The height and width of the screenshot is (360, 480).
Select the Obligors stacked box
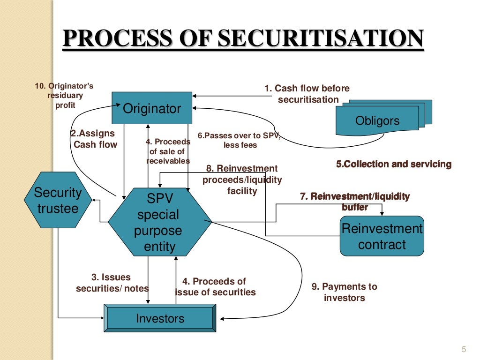pyautogui.click(x=377, y=120)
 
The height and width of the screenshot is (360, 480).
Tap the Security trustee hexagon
pyautogui.click(x=58, y=200)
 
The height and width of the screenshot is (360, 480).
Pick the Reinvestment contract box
pyautogui.click(x=382, y=236)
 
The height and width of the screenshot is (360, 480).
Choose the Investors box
pyautogui.click(x=160, y=319)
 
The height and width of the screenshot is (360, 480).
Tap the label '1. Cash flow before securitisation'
pyautogui.click(x=307, y=94)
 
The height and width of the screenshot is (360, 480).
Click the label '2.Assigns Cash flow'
pyautogui.click(x=94, y=139)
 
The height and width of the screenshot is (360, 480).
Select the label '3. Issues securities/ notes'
pyautogui.click(x=112, y=283)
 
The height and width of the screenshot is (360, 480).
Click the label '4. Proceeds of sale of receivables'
pyautogui.click(x=168, y=151)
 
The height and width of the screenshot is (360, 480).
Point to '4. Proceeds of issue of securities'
pyautogui.click(x=216, y=287)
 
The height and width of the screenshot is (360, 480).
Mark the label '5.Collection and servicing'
pyautogui.click(x=394, y=164)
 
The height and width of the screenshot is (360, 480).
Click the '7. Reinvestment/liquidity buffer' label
pyautogui.click(x=355, y=202)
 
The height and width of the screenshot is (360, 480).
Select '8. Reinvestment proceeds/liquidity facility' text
pyautogui.click(x=242, y=180)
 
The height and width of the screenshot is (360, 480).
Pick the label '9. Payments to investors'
pyautogui.click(x=345, y=292)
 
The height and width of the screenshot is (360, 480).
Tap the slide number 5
pyautogui.click(x=464, y=349)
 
